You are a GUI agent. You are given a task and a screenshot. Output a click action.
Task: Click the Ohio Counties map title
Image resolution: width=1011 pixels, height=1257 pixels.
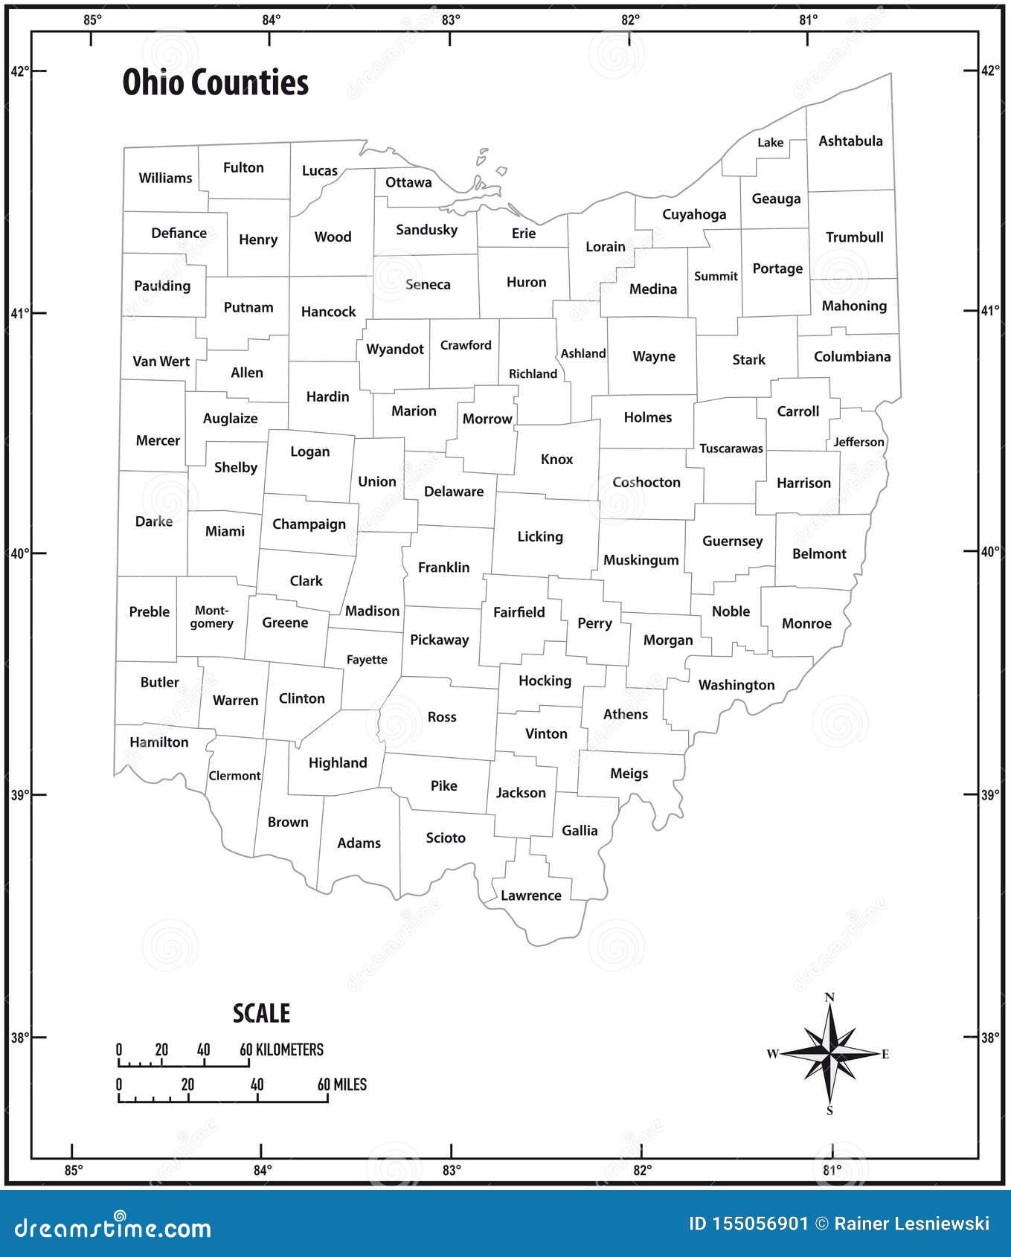coord(215,83)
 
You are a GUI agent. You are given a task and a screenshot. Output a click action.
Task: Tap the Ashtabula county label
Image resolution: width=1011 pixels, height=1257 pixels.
coord(850,141)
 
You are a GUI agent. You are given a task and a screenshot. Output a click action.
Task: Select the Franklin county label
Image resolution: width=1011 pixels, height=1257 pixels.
coord(443,568)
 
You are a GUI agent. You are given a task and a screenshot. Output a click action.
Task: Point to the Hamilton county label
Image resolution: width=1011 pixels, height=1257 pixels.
coord(159,742)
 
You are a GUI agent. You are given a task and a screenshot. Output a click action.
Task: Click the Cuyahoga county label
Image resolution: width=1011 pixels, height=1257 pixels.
coord(694,215)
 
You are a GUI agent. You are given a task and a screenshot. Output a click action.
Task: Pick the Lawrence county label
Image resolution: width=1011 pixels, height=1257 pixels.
coord(530,896)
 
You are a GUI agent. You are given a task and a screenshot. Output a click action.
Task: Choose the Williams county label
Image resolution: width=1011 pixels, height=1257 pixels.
coord(165,178)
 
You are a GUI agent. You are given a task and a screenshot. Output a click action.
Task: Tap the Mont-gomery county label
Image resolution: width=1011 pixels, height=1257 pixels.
coord(212,617)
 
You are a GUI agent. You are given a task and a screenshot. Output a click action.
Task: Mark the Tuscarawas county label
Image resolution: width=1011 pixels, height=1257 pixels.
coord(731,449)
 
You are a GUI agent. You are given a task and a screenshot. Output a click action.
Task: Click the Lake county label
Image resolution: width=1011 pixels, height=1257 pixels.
coord(770,142)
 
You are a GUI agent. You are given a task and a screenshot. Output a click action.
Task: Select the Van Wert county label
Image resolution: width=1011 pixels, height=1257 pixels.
coord(161,361)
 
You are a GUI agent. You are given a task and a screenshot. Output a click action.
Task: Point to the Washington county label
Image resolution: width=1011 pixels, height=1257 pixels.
coord(736,685)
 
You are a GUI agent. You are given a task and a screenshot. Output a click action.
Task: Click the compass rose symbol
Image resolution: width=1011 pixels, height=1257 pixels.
coord(829,1052)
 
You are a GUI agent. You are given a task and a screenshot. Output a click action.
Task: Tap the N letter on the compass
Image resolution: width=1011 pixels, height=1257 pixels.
coord(830,997)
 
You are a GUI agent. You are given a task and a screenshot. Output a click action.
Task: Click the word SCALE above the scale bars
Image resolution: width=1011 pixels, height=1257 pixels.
coord(261,1013)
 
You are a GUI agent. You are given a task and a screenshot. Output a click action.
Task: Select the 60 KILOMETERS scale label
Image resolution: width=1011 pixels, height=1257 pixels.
coord(281,1049)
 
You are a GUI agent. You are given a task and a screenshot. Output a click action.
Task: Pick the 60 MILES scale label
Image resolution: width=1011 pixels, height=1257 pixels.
coord(342,1084)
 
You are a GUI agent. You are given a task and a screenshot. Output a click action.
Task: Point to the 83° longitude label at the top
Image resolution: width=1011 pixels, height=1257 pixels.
coord(451,20)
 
